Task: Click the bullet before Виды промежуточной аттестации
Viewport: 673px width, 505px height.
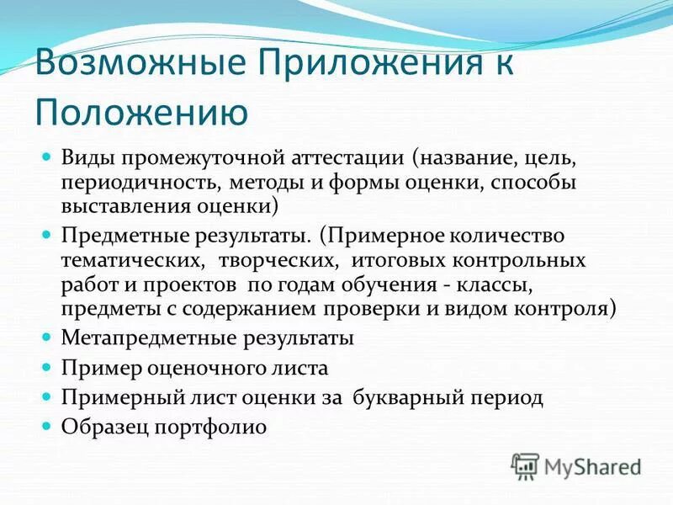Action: click(47, 157)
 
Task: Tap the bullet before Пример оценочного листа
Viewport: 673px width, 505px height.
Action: click(47, 367)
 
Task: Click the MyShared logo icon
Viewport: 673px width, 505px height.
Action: click(525, 465)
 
